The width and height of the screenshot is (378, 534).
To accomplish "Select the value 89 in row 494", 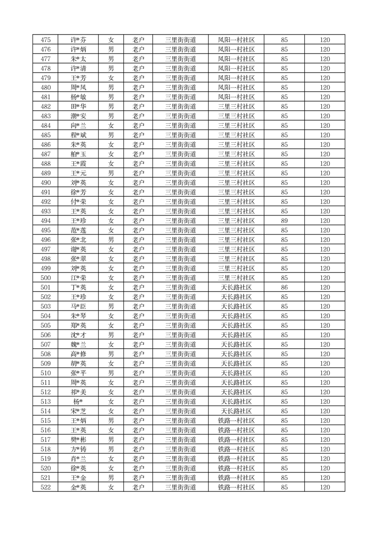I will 284,221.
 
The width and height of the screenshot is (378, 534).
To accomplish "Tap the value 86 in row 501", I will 284,287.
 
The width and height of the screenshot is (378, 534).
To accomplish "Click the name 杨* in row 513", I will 78,402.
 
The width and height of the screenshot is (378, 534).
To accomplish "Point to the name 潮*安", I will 78,116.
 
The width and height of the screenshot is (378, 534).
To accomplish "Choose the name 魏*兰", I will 78,345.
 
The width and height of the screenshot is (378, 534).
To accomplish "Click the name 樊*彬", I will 78,440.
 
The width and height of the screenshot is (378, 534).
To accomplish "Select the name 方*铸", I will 78,449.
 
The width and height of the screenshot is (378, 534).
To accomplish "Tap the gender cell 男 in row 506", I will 111,335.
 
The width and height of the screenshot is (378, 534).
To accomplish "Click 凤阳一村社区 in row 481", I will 236,97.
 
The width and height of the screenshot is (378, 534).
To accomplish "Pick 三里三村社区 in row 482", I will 236,107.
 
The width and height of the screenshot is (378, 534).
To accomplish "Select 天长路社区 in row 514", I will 236,411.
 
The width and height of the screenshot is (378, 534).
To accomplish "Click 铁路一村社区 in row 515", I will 236,421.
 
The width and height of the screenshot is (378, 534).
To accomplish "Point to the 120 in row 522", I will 325,487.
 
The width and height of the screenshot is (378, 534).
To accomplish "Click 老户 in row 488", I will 138,164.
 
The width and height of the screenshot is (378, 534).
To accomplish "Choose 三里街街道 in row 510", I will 180,373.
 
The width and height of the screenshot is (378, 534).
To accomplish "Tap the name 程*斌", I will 78,135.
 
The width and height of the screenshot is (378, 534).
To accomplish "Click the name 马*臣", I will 78,307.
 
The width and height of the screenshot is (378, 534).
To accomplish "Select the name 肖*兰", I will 78,459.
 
